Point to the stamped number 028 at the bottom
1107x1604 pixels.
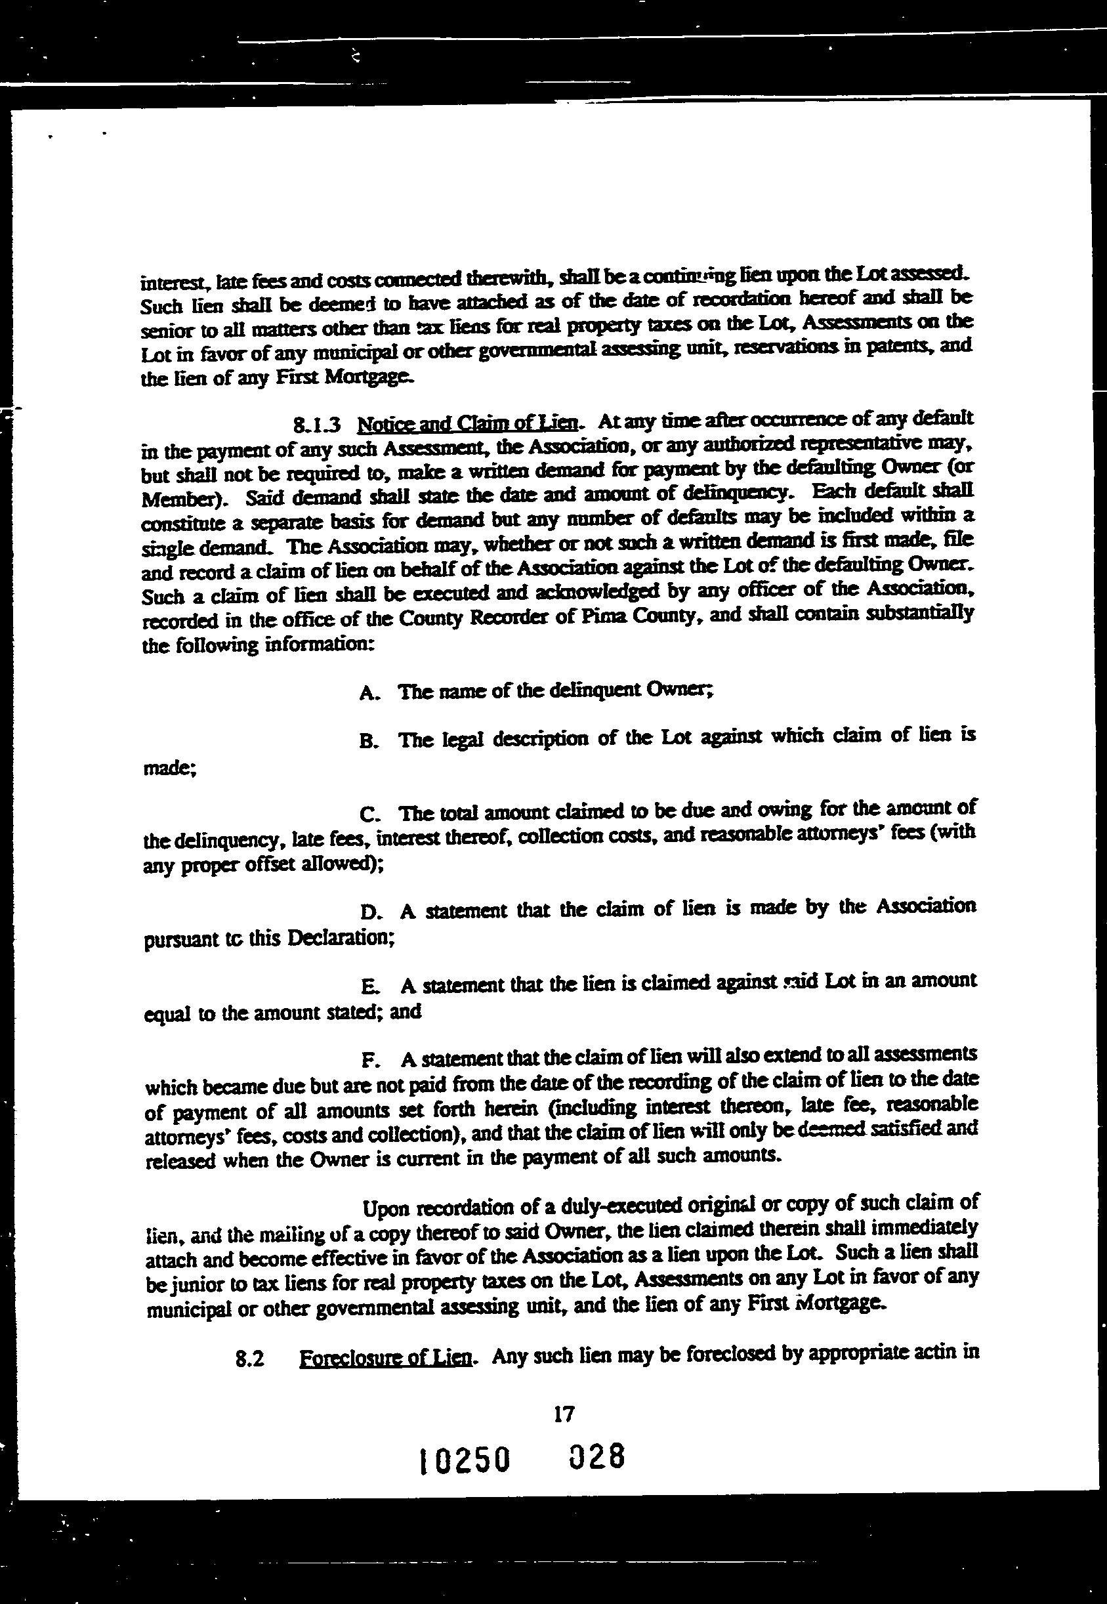[x=597, y=1457]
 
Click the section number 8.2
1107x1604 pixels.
[x=251, y=1361]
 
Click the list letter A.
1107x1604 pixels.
[x=368, y=693]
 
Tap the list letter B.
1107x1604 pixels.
[x=368, y=742]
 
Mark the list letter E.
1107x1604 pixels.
[x=369, y=986]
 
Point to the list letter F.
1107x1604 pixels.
[x=369, y=1061]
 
